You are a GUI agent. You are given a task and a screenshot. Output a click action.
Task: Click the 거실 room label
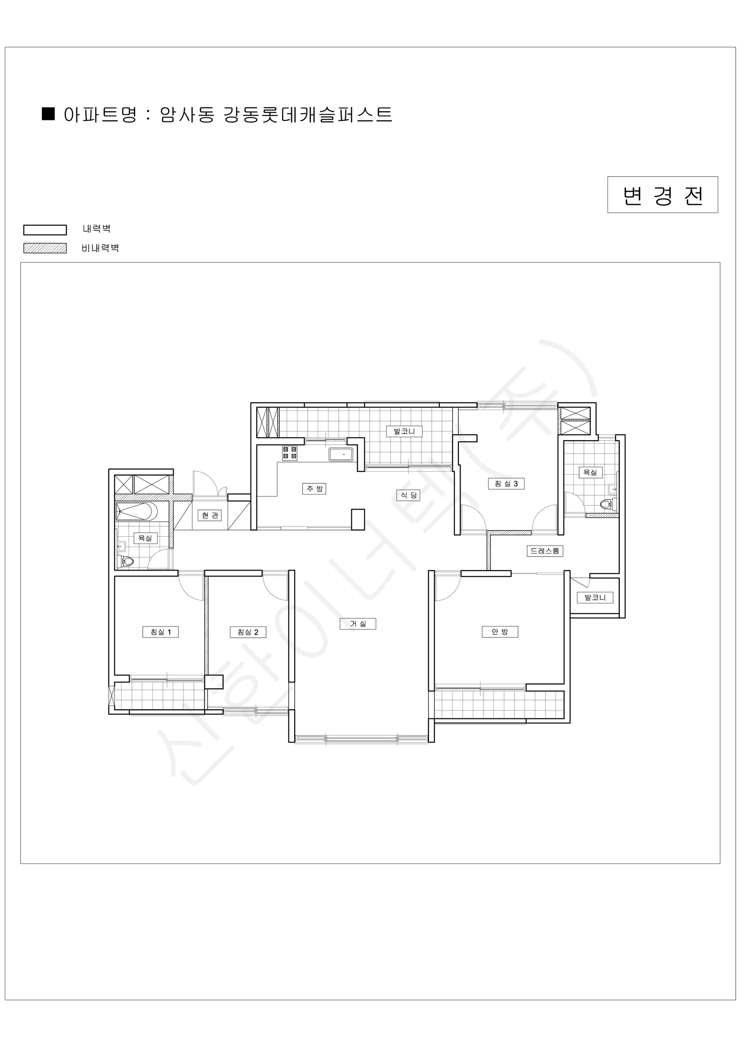click(x=358, y=624)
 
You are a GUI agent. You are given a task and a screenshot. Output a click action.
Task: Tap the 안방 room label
click(x=500, y=632)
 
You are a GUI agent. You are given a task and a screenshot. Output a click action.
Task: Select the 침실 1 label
click(x=161, y=632)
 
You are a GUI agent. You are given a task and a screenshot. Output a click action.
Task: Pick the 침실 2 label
click(x=248, y=632)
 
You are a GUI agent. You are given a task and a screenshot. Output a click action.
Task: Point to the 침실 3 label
click(x=506, y=483)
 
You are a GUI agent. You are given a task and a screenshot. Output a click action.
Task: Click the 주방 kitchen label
click(x=314, y=489)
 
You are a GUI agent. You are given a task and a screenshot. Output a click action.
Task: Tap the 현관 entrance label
click(x=210, y=515)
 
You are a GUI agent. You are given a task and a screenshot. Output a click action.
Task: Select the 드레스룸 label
click(x=545, y=551)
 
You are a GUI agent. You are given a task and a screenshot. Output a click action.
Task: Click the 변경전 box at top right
click(x=662, y=195)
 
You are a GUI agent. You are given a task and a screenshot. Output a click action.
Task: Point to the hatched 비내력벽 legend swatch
click(x=45, y=248)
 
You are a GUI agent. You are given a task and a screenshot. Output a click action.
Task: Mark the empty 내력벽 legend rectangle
click(x=45, y=230)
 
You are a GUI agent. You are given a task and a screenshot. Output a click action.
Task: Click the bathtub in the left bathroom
click(x=137, y=511)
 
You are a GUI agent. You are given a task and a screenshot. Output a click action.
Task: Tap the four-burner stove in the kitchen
click(x=289, y=452)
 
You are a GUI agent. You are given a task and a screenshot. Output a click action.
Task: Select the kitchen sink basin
click(x=341, y=455)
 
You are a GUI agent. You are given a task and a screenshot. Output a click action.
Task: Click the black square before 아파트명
click(x=48, y=113)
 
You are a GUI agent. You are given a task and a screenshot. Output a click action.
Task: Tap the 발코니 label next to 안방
click(x=595, y=597)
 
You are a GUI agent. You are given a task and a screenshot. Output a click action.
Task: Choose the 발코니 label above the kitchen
click(x=404, y=431)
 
